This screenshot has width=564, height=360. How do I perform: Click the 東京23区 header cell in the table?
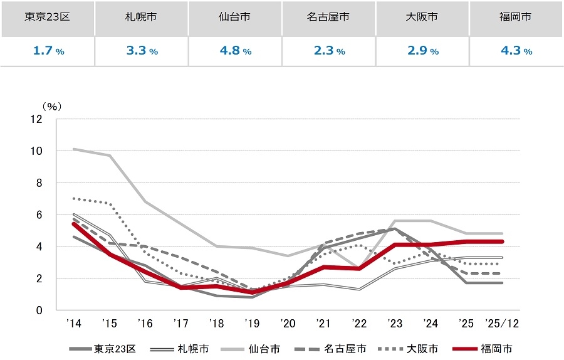pos(47,18)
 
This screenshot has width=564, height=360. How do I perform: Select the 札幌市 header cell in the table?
pos(141,18)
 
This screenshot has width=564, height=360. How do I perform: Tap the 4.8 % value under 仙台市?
pos(234,51)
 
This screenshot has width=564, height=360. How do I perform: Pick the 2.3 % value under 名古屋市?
pos(328,51)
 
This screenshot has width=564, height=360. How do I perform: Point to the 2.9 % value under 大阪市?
pos(422,51)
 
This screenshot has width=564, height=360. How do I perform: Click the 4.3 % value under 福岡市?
pos(516,51)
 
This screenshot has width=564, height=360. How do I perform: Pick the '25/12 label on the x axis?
pos(503,324)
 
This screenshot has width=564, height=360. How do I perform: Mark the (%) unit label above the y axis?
pos(49,107)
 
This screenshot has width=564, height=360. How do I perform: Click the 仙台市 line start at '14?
pos(74,149)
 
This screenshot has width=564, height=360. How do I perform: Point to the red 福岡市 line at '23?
pos(395,245)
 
